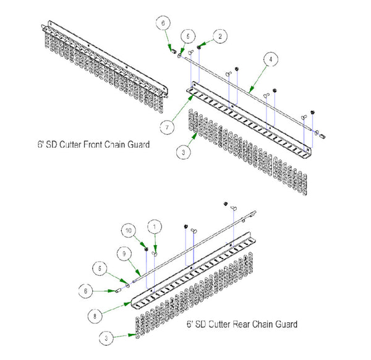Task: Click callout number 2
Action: point(219,36)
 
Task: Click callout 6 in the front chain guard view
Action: point(163,23)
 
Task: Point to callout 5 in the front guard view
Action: point(189,35)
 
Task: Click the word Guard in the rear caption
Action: point(285,324)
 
